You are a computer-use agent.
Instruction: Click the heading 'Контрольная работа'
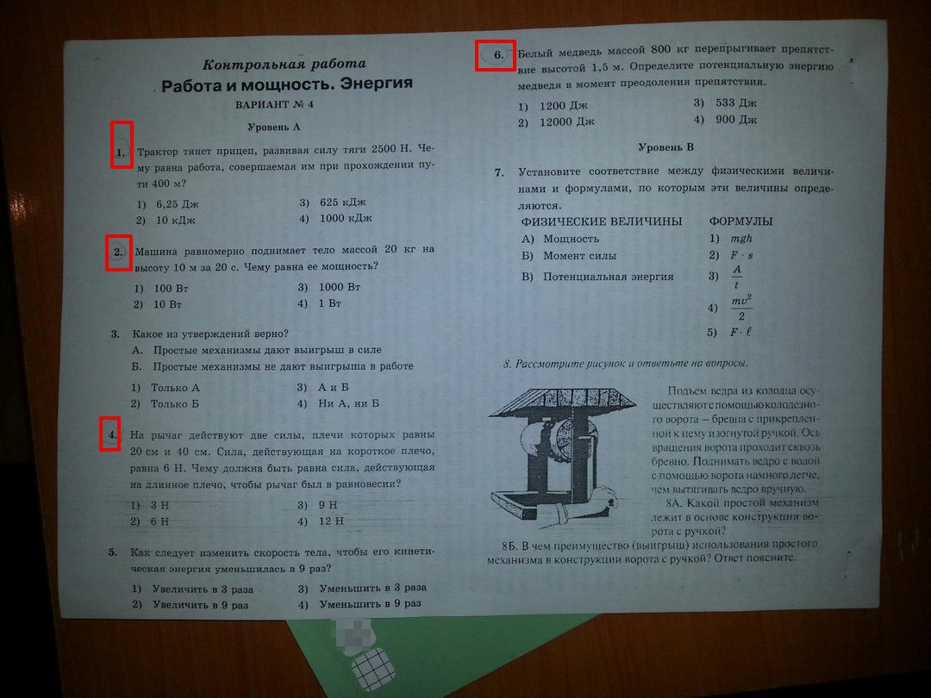284,64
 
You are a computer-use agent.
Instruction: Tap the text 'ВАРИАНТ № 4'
274,104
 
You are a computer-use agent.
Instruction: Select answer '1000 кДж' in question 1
346,218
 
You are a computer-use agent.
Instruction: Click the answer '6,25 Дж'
178,204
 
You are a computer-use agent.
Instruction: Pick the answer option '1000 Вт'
340,287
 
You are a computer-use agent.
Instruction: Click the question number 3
116,333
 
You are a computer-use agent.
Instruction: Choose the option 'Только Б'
174,404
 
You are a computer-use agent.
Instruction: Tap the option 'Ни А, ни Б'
348,403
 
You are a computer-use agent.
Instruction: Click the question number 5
113,552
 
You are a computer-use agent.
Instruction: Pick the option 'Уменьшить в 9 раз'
371,603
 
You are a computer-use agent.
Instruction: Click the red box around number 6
495,55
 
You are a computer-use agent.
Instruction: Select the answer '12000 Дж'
567,122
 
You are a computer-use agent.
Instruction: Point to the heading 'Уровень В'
665,147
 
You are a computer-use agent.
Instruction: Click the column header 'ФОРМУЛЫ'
741,221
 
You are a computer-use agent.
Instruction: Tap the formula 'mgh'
741,239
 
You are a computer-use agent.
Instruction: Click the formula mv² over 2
741,307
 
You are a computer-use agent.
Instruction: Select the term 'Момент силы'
579,257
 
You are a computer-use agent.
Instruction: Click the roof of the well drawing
562,402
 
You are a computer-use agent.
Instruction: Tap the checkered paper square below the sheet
373,669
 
